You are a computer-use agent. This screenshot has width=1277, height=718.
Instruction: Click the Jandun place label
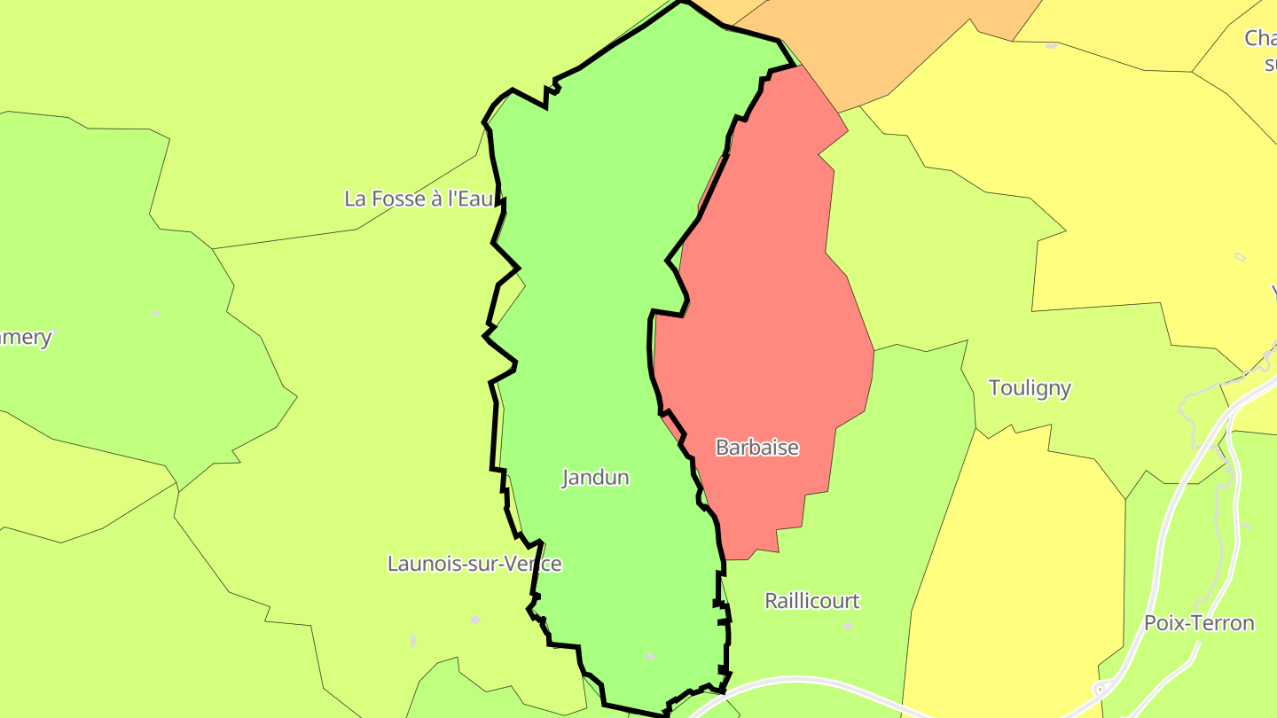pos(596,478)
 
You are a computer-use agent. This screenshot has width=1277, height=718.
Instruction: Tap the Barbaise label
pos(757,448)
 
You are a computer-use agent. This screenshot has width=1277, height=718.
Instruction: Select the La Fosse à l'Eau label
pos(419,199)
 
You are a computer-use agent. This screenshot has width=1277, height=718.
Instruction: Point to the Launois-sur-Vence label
pos(474,564)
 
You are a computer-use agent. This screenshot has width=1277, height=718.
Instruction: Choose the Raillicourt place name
pos(812,601)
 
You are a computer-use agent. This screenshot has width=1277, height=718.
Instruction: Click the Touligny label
pos(1030,388)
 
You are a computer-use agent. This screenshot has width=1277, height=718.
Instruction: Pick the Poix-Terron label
pos(1199,623)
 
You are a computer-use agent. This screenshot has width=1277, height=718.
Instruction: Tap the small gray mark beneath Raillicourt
pos(848,626)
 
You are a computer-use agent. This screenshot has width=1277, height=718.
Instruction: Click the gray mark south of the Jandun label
pos(650,657)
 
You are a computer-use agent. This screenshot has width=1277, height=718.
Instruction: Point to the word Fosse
pos(398,199)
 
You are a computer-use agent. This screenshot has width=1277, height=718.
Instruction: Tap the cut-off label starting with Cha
pos(1260,39)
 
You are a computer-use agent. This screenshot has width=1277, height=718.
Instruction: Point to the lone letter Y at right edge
pos(1273,292)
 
